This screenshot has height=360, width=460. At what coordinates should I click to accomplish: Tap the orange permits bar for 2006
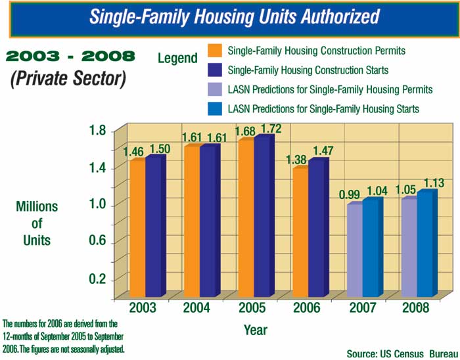point(300,233)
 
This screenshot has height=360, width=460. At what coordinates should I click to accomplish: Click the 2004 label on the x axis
point(195,308)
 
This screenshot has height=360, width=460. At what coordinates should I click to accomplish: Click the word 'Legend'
point(177,58)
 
